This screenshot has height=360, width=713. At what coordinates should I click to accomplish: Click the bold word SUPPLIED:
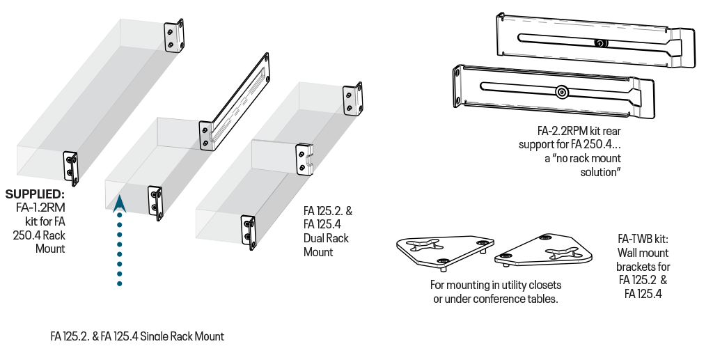coord(35,194)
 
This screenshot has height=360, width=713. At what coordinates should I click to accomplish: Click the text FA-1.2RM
coord(40,208)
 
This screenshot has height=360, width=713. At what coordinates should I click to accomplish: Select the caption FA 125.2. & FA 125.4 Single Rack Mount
coord(137,336)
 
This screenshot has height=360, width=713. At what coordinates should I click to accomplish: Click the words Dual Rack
coord(326,238)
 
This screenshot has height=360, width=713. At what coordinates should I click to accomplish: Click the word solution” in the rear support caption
coord(601,172)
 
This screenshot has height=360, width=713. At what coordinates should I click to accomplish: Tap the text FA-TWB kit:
coord(643,239)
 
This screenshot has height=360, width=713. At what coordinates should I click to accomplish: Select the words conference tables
coord(513,299)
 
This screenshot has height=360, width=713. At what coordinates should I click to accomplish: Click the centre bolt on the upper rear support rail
coord(601,43)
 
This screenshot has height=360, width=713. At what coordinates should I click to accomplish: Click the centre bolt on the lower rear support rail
coord(562,93)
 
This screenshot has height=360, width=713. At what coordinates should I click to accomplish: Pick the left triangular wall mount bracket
coord(445,251)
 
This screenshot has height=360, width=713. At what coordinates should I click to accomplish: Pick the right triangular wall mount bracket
coord(544,251)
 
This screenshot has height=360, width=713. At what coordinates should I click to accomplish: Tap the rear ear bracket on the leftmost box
coord(174,36)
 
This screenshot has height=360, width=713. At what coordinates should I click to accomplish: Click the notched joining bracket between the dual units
coord(304,159)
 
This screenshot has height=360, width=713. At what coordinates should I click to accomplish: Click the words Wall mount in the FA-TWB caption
coord(643,253)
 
